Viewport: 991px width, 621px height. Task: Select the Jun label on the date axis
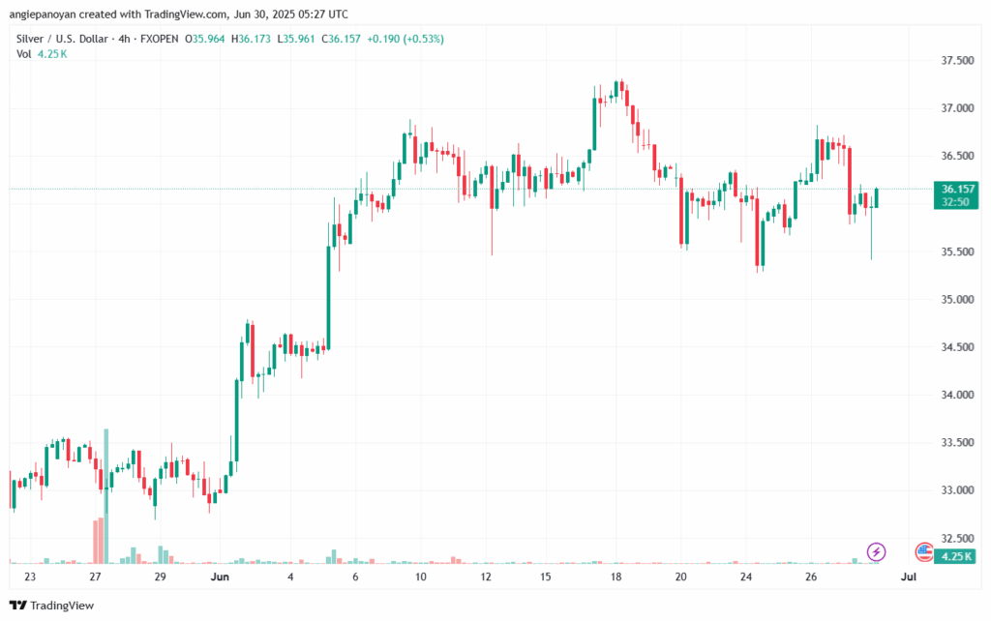point(219,577)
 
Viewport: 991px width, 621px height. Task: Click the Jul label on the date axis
point(908,577)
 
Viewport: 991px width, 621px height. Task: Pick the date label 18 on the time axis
point(616,577)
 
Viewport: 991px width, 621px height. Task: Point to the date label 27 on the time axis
point(94,577)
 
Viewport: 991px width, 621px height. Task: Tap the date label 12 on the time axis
point(486,577)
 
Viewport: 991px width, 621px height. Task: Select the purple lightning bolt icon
point(877,551)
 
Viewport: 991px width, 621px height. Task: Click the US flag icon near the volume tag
point(924,552)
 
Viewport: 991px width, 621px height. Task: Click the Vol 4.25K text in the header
point(42,53)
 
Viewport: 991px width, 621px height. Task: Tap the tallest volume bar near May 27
point(105,495)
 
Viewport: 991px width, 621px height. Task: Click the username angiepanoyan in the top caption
point(45,15)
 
